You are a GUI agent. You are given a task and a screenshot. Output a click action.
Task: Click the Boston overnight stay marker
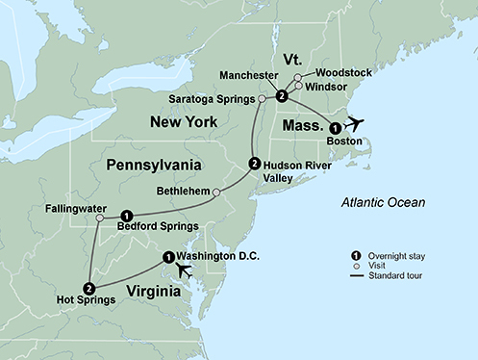point(335,127)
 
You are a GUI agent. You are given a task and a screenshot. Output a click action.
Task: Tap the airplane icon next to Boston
point(355,123)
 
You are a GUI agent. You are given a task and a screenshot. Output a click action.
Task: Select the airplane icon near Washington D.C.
point(184,270)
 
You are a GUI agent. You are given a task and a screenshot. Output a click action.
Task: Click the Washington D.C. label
point(218,255)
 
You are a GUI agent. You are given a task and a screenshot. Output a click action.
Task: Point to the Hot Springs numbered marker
point(88,287)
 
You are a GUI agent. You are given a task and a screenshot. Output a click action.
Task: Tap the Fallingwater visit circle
point(99,218)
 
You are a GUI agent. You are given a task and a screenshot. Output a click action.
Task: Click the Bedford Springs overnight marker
point(127,215)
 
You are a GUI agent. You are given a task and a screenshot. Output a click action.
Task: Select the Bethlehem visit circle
point(216,193)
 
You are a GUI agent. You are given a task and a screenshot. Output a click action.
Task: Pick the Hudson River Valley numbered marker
point(254,163)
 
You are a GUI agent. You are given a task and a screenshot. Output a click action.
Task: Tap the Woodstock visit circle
point(298,76)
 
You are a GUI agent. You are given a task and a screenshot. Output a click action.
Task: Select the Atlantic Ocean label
point(383,201)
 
